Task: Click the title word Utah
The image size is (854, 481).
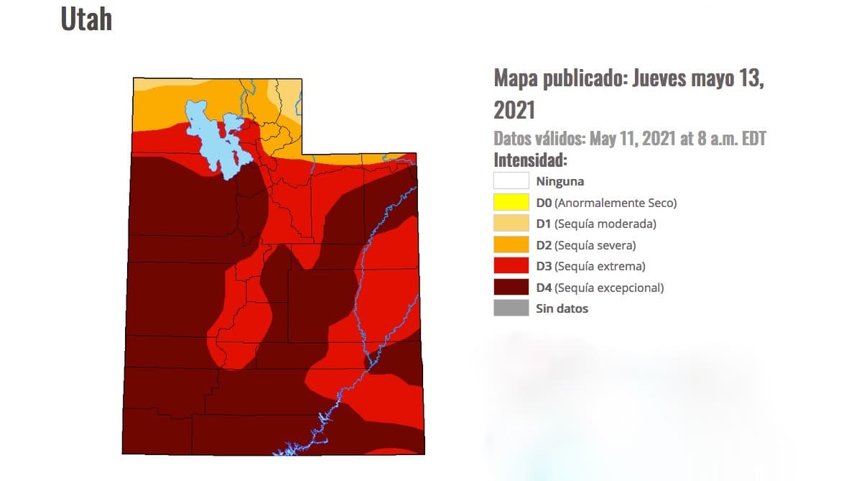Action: tap(86, 19)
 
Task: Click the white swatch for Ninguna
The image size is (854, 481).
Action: tap(511, 181)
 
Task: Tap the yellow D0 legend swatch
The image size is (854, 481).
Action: tap(511, 203)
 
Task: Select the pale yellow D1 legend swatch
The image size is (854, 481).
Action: tap(511, 224)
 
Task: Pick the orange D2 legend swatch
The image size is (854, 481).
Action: tap(511, 245)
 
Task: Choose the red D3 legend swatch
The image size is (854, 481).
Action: tap(511, 266)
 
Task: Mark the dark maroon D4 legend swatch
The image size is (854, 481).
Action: tap(511, 288)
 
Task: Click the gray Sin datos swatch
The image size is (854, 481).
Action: tap(511, 308)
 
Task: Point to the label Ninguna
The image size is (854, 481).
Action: tap(560, 181)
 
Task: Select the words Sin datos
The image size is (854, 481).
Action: tap(562, 308)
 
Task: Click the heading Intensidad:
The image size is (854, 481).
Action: tap(530, 160)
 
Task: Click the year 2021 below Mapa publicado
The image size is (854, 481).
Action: tap(514, 110)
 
